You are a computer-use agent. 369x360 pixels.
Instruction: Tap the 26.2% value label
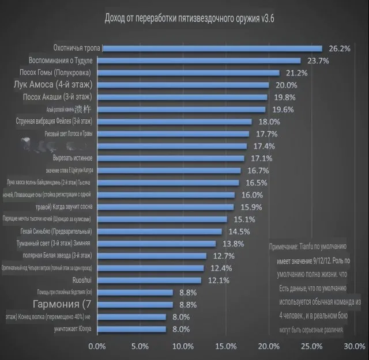pyautogui.click(x=339, y=49)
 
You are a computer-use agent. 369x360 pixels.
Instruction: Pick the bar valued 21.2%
pyautogui.click(x=190, y=73)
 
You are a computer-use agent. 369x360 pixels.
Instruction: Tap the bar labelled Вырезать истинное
pyautogui.click(x=173, y=158)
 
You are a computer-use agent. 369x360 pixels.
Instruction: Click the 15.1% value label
pyautogui.click(x=244, y=219)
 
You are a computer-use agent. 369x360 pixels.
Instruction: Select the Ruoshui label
pyautogui.click(x=81, y=280)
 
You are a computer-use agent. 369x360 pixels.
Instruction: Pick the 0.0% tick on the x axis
pyautogui.click(x=96, y=346)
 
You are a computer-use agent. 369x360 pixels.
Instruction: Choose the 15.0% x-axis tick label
pyautogui.click(x=225, y=346)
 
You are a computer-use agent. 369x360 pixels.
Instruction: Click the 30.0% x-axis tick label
pyautogui.click(x=353, y=346)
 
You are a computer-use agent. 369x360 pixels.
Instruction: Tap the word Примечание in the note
pyautogui.click(x=283, y=246)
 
